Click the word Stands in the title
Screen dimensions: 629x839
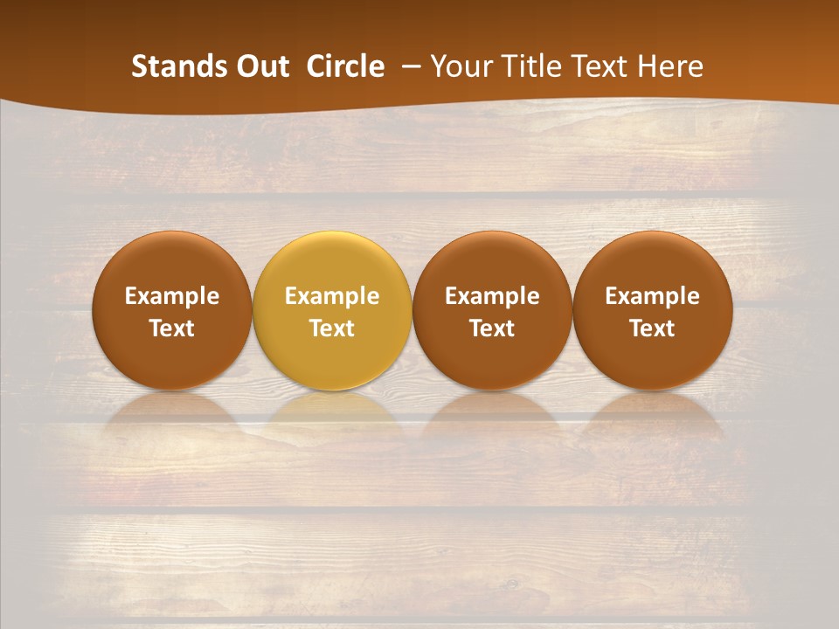point(179,66)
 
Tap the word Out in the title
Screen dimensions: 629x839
point(261,66)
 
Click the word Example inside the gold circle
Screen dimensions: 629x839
point(332,296)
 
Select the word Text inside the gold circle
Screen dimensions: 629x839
point(332,328)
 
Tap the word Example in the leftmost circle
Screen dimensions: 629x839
point(172,296)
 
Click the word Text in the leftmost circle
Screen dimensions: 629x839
point(172,328)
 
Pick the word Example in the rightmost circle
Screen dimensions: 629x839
point(653,296)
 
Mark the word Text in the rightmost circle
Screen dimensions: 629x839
point(653,328)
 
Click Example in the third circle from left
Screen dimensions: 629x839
point(492,296)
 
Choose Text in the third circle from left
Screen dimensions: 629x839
point(492,328)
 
